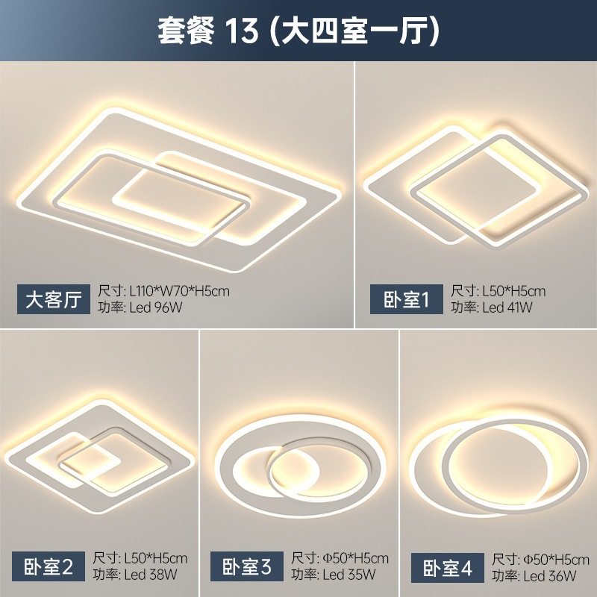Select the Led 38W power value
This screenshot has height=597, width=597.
151,575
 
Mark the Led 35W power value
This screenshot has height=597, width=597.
350,575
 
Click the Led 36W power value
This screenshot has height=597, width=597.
551,575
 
